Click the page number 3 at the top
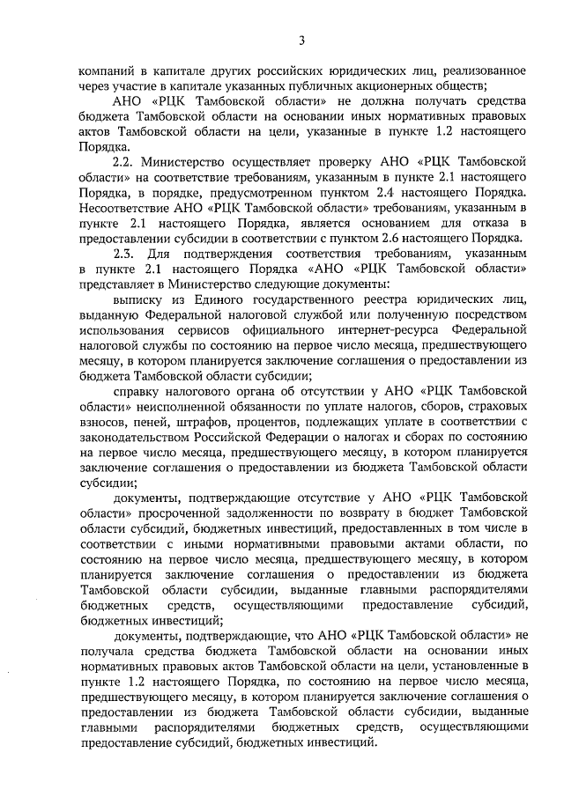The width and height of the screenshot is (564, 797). pyautogui.click(x=302, y=40)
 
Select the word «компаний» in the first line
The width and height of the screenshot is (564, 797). pyautogui.click(x=108, y=70)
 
